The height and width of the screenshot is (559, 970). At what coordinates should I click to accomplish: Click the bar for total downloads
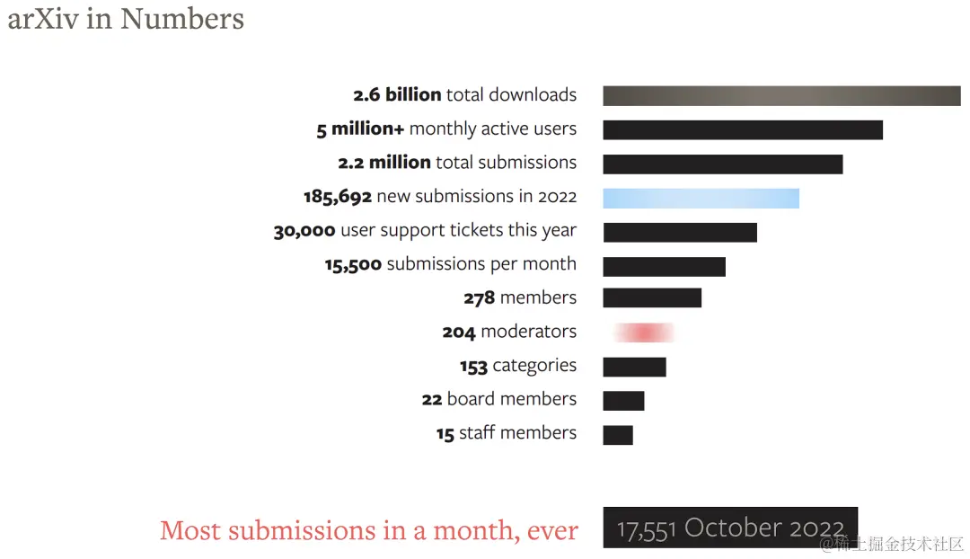click(x=781, y=96)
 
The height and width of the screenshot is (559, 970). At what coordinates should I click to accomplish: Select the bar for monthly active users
click(x=743, y=130)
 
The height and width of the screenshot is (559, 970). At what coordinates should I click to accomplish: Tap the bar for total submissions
click(x=723, y=164)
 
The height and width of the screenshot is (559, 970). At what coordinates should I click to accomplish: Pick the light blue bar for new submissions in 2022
click(x=701, y=199)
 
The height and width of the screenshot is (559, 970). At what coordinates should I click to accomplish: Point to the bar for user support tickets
click(x=680, y=232)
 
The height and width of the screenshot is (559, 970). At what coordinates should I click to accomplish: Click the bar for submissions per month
click(x=664, y=266)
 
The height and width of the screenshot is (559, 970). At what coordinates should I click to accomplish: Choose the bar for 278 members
click(x=652, y=297)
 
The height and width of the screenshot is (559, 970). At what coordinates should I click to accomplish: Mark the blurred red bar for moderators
click(x=643, y=333)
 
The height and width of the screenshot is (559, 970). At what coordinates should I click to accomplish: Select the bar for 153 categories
click(x=634, y=367)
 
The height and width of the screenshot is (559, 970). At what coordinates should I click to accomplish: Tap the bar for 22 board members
click(x=623, y=401)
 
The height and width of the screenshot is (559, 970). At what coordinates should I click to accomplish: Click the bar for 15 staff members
click(x=618, y=435)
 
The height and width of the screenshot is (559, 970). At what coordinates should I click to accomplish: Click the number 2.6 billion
click(x=397, y=95)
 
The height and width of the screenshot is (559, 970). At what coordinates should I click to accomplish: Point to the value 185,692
click(x=338, y=197)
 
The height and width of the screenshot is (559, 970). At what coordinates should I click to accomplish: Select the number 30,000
click(x=304, y=231)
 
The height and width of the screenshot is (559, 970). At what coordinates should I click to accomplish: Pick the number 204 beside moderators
click(x=458, y=333)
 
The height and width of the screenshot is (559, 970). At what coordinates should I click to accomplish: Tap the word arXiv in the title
click(x=42, y=18)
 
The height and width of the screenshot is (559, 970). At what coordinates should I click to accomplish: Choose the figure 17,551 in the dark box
click(x=647, y=528)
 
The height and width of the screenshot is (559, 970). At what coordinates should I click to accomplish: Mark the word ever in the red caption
click(x=552, y=531)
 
